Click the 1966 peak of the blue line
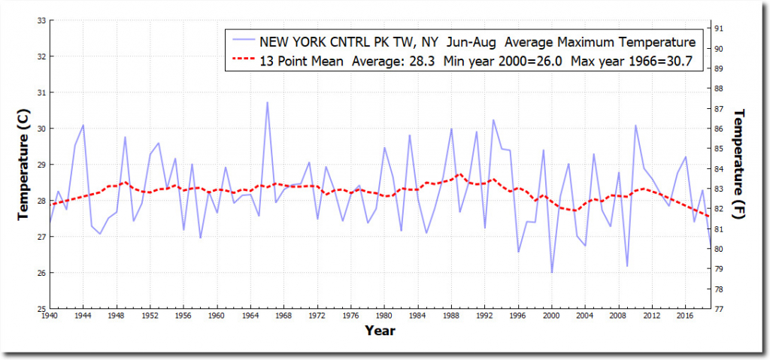pos(267,103)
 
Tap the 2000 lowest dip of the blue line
pos(552,272)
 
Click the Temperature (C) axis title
pos(23,165)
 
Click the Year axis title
pos(380,330)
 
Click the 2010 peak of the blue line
pos(635,126)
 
